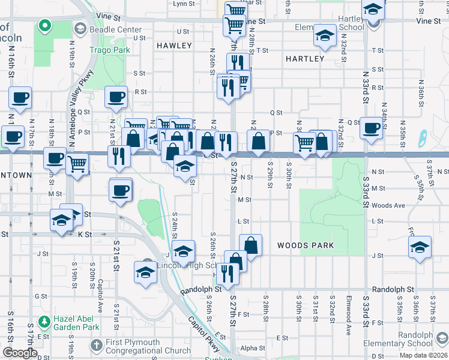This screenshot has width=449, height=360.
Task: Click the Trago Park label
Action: coord(110,50)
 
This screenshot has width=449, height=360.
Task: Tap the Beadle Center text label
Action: coord(115,29)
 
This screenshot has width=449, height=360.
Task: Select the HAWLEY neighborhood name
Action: coord(174,46)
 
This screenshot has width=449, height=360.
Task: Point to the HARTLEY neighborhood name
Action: coord(305,59)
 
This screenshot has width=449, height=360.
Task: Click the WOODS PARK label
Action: coord(306,245)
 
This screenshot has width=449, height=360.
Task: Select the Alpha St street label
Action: coord(253,348)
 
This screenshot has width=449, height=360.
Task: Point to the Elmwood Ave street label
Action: coord(348,311)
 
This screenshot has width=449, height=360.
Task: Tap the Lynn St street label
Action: coord(184,4)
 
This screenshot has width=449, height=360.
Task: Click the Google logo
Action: coord(20,353)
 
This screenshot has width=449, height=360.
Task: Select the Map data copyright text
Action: coord(423,355)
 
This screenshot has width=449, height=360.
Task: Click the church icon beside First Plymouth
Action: coord(97,346)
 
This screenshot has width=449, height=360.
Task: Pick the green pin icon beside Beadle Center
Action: coord(44,26)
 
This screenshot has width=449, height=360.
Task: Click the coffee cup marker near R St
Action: coord(116,97)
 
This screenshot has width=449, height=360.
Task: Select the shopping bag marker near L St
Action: coord(251,245)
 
